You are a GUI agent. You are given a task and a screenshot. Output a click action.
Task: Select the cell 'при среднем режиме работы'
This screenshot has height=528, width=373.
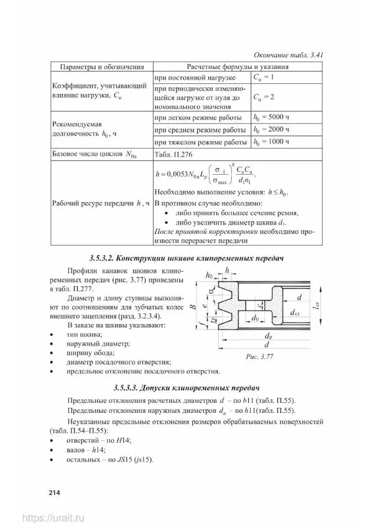pyautogui.click(x=200, y=129)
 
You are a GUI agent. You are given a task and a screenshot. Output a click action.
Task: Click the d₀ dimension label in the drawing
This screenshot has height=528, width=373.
pyautogui.click(x=254, y=317)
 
